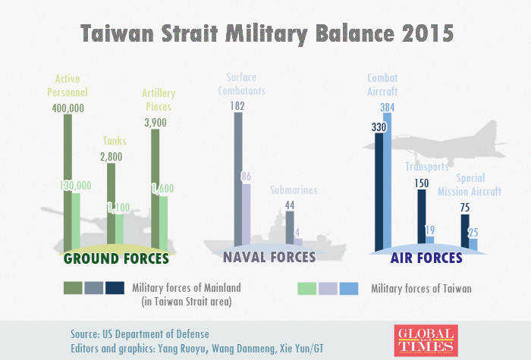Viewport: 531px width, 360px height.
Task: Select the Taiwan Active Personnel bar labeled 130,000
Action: coord(76,220)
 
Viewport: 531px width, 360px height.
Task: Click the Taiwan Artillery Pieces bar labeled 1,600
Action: coord(163,221)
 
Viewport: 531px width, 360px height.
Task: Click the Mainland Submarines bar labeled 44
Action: coord(290,227)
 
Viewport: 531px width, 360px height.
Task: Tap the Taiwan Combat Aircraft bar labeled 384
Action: coord(388,182)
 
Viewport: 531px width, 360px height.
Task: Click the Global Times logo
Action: coord(426,339)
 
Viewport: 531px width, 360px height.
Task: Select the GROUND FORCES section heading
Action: coord(116,258)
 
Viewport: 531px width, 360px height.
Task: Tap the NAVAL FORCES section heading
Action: coord(269,258)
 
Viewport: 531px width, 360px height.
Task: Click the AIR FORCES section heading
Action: coord(426,258)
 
